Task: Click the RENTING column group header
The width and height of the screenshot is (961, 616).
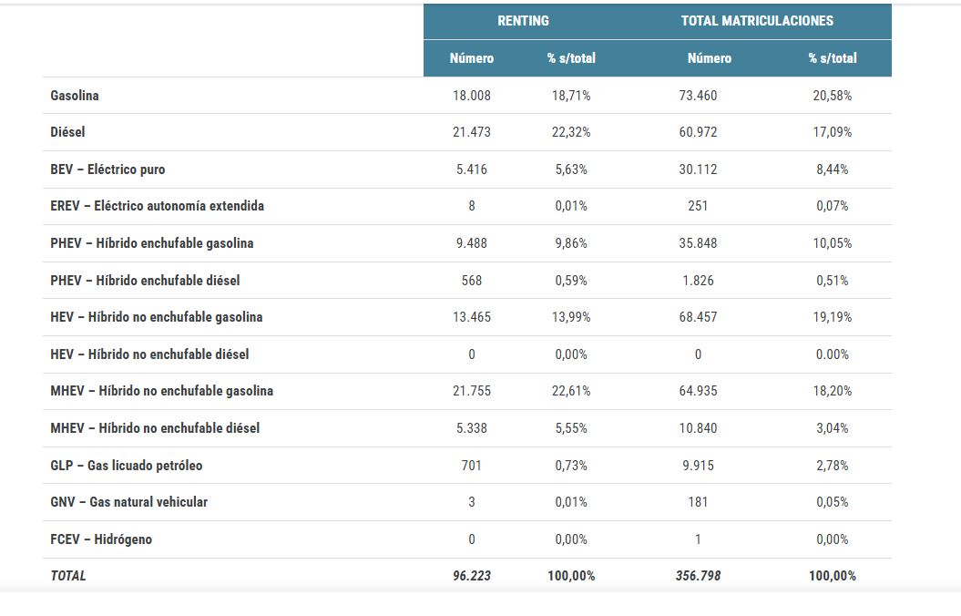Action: pyautogui.click(x=523, y=21)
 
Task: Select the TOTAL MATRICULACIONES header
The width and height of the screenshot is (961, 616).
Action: pyautogui.click(x=757, y=21)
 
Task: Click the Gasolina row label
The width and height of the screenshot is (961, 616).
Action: pyautogui.click(x=75, y=96)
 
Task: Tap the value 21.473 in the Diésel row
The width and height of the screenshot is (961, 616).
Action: pyautogui.click(x=472, y=132)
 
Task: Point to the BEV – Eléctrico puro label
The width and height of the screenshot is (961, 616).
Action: pyautogui.click(x=107, y=169)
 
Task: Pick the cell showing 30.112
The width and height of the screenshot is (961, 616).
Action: pyautogui.click(x=698, y=169)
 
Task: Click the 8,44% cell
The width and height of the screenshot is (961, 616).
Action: pyautogui.click(x=832, y=169)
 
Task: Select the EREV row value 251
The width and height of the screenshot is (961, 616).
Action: pyautogui.click(x=698, y=206)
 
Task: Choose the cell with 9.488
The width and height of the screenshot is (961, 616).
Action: pyautogui.click(x=472, y=243)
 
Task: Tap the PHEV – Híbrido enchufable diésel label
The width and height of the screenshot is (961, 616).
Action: pyautogui.click(x=145, y=281)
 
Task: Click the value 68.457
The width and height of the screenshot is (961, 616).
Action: pyautogui.click(x=698, y=317)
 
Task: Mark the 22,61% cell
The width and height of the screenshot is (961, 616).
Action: pyautogui.click(x=572, y=391)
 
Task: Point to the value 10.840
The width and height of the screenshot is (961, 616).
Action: pyautogui.click(x=698, y=428)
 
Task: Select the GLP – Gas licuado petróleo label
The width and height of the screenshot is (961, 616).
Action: pyautogui.click(x=127, y=466)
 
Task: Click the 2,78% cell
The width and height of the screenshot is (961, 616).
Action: pyautogui.click(x=832, y=466)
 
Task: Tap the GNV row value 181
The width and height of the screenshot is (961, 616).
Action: pyautogui.click(x=698, y=502)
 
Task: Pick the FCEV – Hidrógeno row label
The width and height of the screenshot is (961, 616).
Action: pyautogui.click(x=101, y=539)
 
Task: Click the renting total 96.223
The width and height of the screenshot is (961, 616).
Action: pyautogui.click(x=472, y=576)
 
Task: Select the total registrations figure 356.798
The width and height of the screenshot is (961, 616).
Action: pyautogui.click(x=698, y=576)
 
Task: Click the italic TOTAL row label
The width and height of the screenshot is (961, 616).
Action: pyautogui.click(x=68, y=576)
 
